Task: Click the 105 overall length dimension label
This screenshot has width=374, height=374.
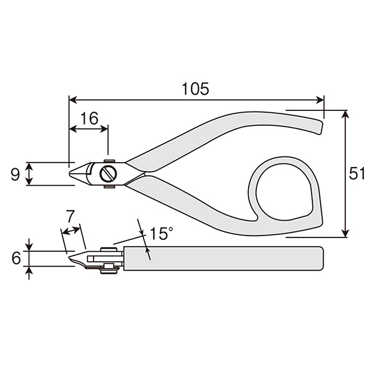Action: (195, 89)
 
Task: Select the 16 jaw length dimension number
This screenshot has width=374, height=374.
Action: (89, 118)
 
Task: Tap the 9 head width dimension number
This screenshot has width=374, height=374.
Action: (15, 175)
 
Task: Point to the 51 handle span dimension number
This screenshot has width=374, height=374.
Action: (357, 173)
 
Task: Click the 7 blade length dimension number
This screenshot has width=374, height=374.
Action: (70, 216)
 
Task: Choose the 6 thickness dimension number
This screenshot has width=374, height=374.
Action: (16, 258)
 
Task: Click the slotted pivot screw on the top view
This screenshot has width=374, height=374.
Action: (108, 173)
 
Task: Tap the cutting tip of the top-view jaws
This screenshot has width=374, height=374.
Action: (70, 173)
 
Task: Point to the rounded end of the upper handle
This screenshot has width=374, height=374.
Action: (320, 128)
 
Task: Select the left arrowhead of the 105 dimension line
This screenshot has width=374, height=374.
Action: (72, 100)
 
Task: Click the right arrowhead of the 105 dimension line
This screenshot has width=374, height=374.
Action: (320, 100)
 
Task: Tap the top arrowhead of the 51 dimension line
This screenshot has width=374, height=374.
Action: (345, 114)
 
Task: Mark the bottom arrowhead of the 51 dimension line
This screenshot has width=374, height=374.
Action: (345, 234)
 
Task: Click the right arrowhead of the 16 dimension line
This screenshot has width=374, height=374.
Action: (104, 129)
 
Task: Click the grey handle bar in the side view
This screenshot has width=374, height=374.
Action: (224, 259)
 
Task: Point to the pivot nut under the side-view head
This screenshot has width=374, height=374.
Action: (109, 269)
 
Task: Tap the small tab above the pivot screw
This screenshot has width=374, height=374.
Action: (110, 161)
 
